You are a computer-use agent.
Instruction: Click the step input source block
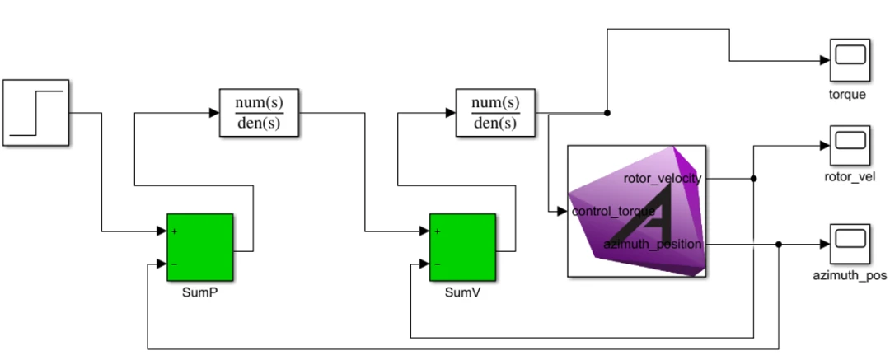(36, 113)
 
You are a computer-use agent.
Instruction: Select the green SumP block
(199, 247)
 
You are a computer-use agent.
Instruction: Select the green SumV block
(461, 247)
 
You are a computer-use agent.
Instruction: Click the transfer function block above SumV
(494, 113)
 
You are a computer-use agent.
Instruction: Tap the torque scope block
(848, 59)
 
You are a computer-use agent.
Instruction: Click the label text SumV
(461, 292)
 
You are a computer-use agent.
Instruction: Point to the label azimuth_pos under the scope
(849, 275)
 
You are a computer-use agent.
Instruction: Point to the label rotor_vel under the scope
(848, 176)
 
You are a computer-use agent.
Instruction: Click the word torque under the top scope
(847, 94)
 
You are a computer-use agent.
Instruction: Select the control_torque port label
(614, 212)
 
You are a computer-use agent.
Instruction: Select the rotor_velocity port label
(663, 179)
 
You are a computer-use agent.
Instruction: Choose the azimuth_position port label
(653, 245)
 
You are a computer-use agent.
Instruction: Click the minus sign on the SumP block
(175, 264)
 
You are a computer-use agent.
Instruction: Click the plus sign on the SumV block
(437, 231)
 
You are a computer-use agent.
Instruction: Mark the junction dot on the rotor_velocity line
(753, 178)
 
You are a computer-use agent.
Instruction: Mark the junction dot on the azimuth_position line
(779, 245)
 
